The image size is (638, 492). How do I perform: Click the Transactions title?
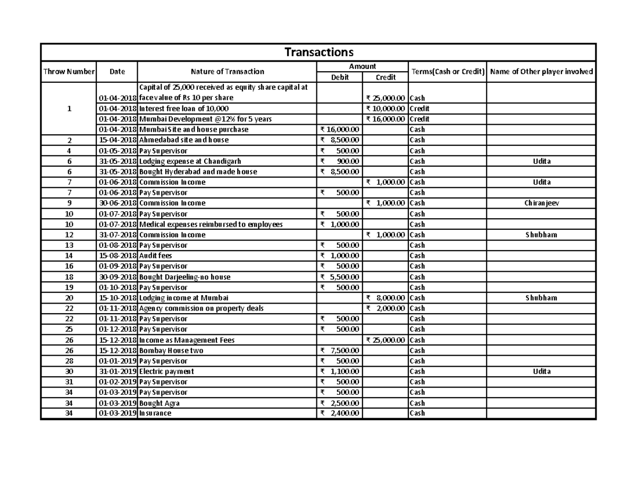[318, 52]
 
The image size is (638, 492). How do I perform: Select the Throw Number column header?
[69, 72]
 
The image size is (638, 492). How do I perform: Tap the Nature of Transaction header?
[227, 72]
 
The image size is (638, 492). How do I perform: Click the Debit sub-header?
[340, 77]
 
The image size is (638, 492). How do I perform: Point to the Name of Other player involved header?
[541, 72]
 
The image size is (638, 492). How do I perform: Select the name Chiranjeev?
[541, 203]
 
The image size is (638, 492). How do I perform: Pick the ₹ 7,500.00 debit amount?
[340, 350]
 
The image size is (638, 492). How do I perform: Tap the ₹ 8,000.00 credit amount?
[385, 298]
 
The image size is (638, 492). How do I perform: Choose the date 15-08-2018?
[117, 256]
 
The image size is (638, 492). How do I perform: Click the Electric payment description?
[166, 372]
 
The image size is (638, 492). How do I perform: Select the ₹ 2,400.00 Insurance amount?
[340, 413]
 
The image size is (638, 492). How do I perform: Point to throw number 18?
[69, 277]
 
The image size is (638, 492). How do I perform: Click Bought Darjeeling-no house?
[181, 277]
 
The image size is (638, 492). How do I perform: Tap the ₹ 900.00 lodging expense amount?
[340, 161]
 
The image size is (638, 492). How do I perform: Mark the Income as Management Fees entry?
[187, 340]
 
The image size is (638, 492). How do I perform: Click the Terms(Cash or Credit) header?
[447, 72]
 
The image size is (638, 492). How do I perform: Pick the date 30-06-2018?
[117, 203]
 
